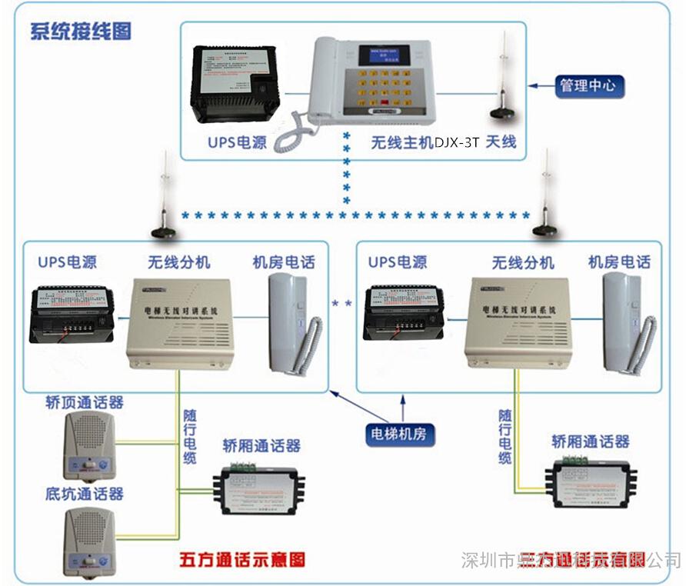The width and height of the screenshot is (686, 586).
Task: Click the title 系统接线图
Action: coord(81,32)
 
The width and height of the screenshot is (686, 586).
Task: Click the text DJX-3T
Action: coord(457,142)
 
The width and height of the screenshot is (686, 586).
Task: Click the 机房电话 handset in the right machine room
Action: coord(626,324)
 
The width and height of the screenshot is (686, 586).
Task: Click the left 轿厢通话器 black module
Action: coord(260,486)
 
